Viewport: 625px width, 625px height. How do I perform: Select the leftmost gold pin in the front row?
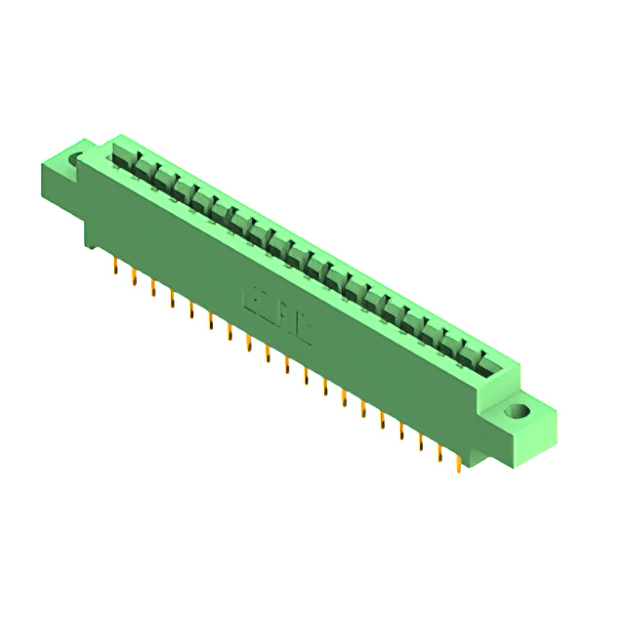[115, 266]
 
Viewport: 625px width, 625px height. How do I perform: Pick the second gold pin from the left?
[134, 276]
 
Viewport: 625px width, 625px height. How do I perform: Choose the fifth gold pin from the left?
[191, 309]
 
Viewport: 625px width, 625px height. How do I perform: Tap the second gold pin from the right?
[440, 451]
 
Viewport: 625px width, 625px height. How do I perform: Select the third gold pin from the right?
[421, 440]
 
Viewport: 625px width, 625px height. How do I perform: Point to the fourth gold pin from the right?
[401, 430]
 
